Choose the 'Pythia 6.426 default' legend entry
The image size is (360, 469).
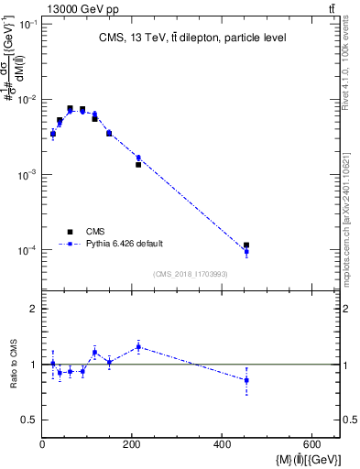[x=125, y=244]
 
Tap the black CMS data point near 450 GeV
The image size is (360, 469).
[x=246, y=245]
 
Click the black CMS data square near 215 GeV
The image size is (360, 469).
[x=138, y=165]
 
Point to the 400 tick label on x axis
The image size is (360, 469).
[x=222, y=445]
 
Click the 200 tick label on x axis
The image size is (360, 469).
[x=132, y=445]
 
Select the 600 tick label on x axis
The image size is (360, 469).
[x=311, y=445]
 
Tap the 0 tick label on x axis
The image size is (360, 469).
[x=43, y=445]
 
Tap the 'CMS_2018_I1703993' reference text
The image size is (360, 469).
[x=191, y=273]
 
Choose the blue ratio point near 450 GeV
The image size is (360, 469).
[x=246, y=380]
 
